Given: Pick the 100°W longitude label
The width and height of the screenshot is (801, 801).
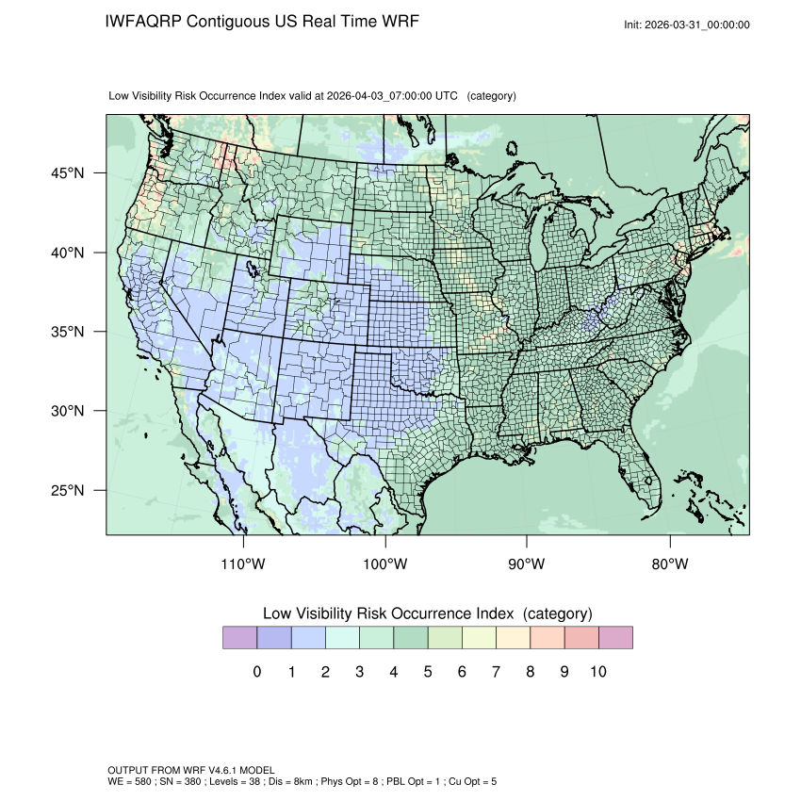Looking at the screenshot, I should point(385,564).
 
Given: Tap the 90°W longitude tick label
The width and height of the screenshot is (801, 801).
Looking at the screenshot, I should point(527,564).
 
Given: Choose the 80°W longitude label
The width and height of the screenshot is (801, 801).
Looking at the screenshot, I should point(669,564).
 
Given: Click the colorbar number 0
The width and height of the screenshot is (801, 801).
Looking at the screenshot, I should point(257,672).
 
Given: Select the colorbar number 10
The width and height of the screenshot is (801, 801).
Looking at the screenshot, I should point(597,672).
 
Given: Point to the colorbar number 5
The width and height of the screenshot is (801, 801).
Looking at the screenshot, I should point(428,672).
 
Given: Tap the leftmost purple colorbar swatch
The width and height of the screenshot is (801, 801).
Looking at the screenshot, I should point(239,638).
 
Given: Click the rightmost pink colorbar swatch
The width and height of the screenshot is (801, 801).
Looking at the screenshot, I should point(615,638).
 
